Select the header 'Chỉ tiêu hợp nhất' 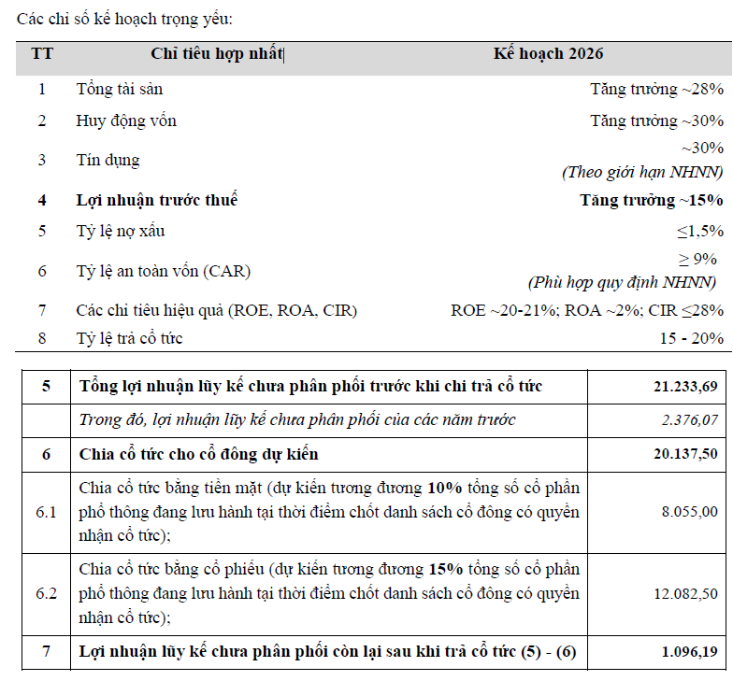click(216, 54)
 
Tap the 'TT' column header click(42, 54)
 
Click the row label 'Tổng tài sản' click(120, 90)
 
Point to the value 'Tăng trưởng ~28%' click(656, 90)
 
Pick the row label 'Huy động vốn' click(126, 121)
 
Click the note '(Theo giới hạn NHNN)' click(641, 172)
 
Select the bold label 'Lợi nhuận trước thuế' click(157, 200)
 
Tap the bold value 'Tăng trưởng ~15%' click(651, 200)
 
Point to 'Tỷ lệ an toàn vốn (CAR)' click(164, 271)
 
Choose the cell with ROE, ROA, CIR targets click(586, 310)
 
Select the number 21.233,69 click(686, 387)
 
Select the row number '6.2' click(46, 593)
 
